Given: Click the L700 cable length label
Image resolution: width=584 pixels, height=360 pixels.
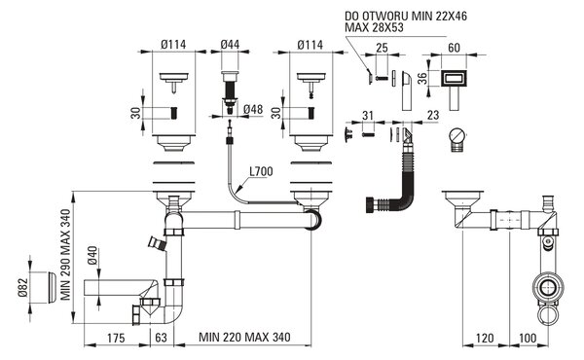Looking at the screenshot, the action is click(261, 171).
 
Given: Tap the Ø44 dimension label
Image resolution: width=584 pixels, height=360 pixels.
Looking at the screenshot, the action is click(230, 45).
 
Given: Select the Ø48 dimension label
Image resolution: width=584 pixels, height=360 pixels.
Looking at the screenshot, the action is click(253, 109).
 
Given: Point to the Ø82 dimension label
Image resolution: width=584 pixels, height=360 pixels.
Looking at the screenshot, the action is click(23, 288).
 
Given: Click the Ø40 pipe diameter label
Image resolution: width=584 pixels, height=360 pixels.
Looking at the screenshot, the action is click(93, 255).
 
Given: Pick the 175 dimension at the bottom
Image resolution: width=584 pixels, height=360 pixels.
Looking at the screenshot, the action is click(116, 338).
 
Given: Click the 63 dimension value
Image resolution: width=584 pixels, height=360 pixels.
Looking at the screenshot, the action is click(161, 338).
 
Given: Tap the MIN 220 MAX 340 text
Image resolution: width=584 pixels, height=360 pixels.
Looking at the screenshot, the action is click(244, 338).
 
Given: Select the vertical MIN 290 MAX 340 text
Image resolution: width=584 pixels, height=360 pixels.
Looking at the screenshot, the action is click(65, 255).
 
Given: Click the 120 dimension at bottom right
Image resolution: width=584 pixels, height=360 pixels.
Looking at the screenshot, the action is click(485, 338).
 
